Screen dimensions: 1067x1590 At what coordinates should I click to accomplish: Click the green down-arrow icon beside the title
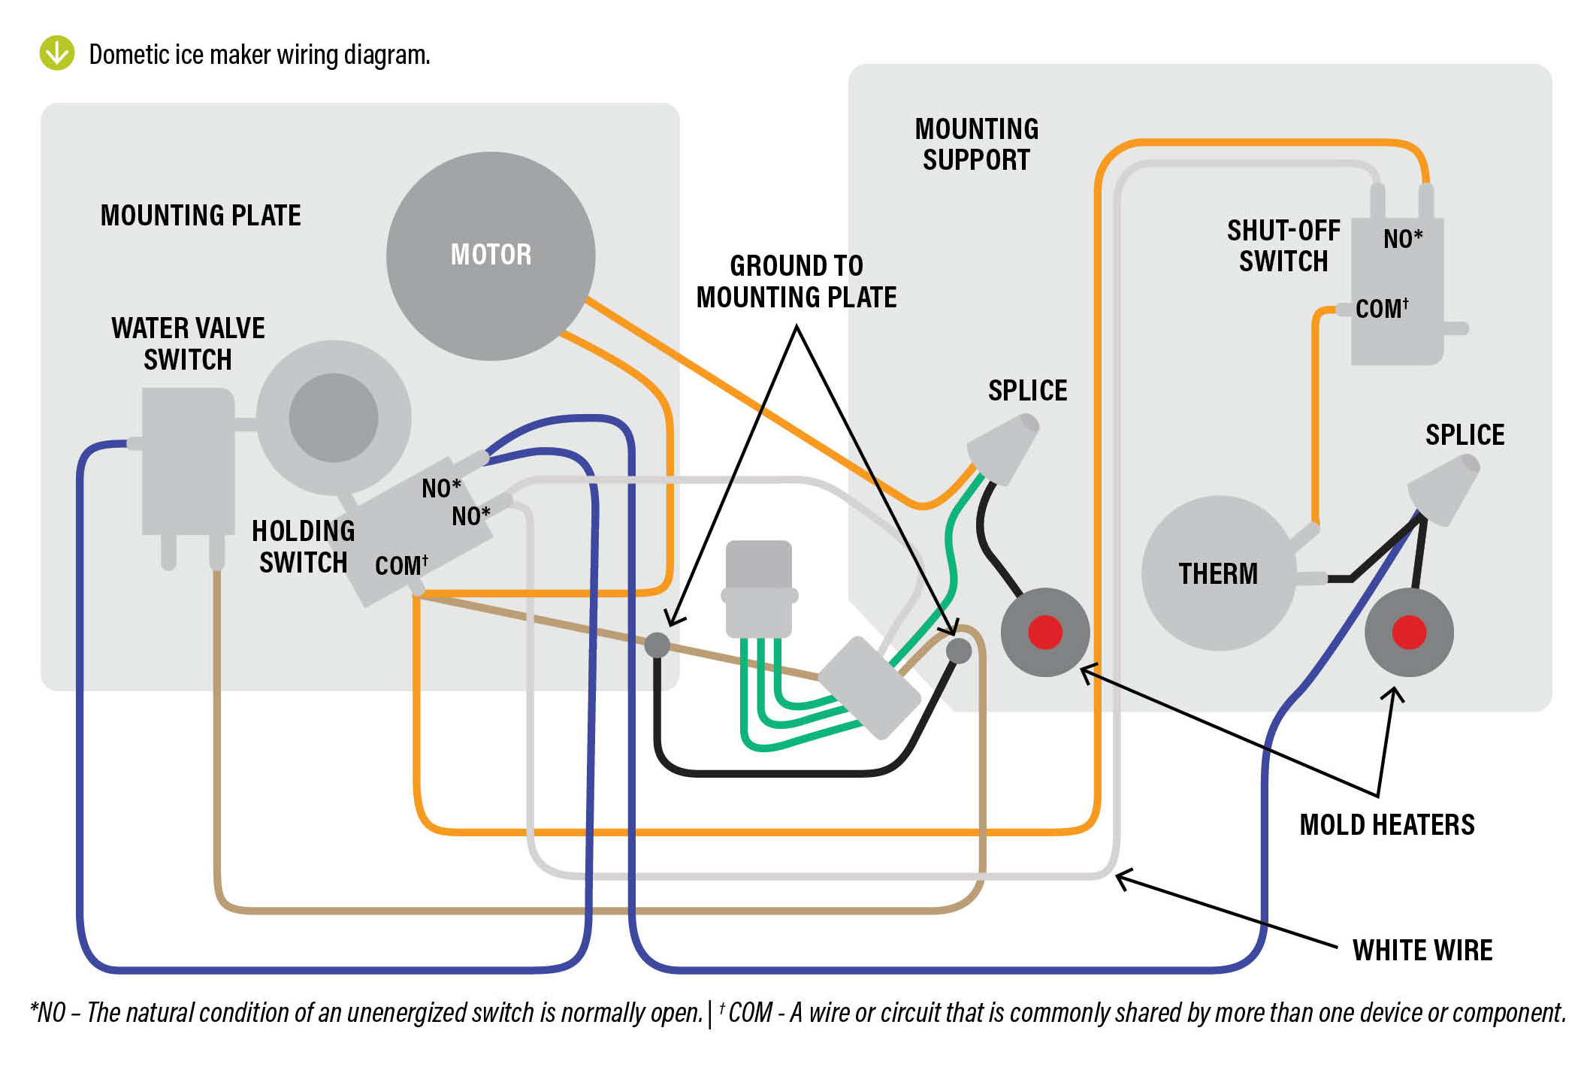pyautogui.click(x=57, y=53)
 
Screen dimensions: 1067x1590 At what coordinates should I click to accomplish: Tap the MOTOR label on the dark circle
pyautogui.click(x=491, y=255)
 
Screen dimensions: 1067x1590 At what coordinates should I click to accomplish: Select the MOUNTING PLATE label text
pyautogui.click(x=201, y=216)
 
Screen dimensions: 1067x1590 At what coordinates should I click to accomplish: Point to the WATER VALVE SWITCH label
pyautogui.click(x=188, y=343)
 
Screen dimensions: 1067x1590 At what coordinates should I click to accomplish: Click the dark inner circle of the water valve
pyautogui.click(x=333, y=418)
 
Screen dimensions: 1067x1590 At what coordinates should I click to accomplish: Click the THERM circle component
pyautogui.click(x=1217, y=573)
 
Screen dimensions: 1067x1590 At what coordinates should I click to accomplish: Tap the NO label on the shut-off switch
pyautogui.click(x=1402, y=239)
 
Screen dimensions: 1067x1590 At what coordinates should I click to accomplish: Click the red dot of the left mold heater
pyautogui.click(x=1044, y=631)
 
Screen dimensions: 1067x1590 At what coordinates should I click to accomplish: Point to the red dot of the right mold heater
pyautogui.click(x=1409, y=631)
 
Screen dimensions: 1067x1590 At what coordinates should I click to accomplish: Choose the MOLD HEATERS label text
pyautogui.click(x=1387, y=824)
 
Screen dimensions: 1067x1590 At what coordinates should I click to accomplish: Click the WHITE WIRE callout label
pyautogui.click(x=1422, y=950)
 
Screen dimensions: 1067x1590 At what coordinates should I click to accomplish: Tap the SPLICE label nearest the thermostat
pyautogui.click(x=1465, y=434)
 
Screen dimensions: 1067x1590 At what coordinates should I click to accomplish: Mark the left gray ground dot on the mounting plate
pyautogui.click(x=657, y=644)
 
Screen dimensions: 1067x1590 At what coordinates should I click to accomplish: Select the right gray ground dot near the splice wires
pyautogui.click(x=958, y=650)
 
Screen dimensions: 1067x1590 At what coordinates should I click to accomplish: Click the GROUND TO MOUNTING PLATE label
pyautogui.click(x=797, y=282)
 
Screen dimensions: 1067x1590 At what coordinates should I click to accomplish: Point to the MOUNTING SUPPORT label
pyautogui.click(x=976, y=144)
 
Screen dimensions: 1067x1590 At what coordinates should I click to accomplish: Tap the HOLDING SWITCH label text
pyautogui.click(x=303, y=546)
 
